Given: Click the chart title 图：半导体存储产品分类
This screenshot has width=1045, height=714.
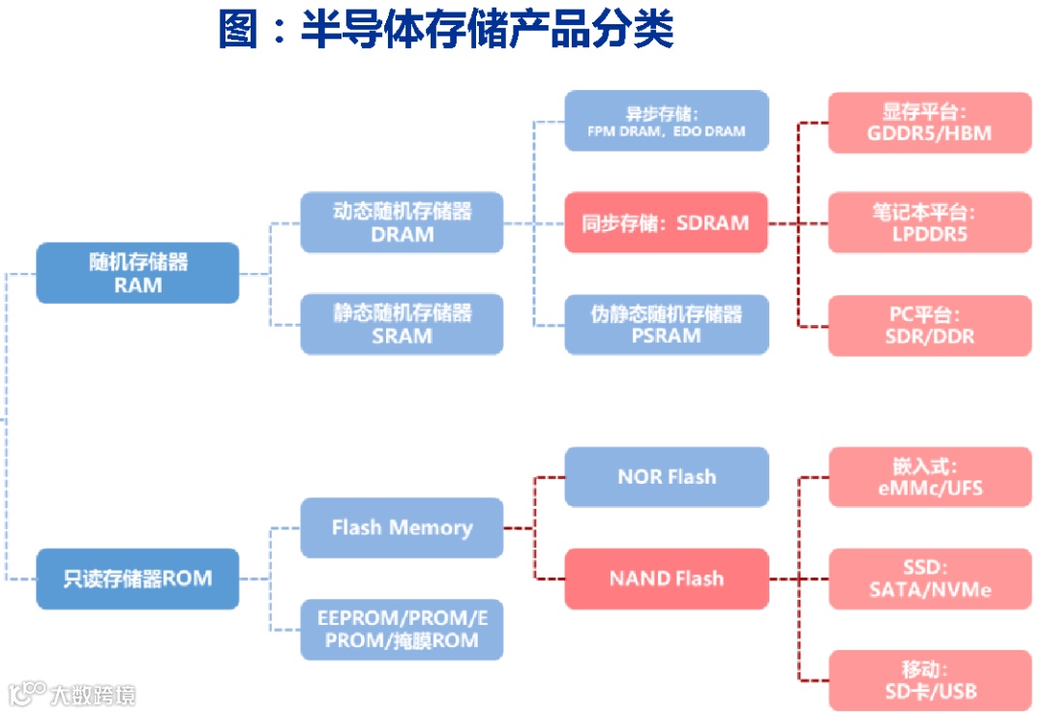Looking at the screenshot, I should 445,30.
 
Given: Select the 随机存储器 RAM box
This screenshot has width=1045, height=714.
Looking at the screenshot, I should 137,273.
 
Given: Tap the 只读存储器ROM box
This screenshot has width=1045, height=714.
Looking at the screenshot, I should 137,579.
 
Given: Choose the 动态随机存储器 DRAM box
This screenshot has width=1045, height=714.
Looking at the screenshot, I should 402,223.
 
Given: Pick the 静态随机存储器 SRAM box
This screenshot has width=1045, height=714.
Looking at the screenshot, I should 402,324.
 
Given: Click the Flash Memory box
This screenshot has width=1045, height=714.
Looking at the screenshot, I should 402,528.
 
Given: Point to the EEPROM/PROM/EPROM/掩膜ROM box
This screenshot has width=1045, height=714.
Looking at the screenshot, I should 402,629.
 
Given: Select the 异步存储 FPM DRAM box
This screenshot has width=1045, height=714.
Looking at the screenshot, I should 666,121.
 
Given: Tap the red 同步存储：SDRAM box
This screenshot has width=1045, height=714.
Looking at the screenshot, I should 666,223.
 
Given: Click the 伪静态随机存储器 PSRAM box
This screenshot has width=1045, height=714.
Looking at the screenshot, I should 666,324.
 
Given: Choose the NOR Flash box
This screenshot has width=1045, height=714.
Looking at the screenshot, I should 666,477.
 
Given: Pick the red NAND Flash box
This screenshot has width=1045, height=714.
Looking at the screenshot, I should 666,579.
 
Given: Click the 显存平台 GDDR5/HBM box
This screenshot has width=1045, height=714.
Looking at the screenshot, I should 929,122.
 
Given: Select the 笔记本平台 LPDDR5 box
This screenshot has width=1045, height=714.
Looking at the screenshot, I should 929,223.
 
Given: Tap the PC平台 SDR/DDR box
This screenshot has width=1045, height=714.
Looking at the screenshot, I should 929,325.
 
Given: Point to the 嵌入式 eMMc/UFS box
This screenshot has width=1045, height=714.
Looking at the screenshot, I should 929,477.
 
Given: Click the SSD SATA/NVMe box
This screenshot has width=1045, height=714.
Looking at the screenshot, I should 929,579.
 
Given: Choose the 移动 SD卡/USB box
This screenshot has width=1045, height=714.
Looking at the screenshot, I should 929,680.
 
